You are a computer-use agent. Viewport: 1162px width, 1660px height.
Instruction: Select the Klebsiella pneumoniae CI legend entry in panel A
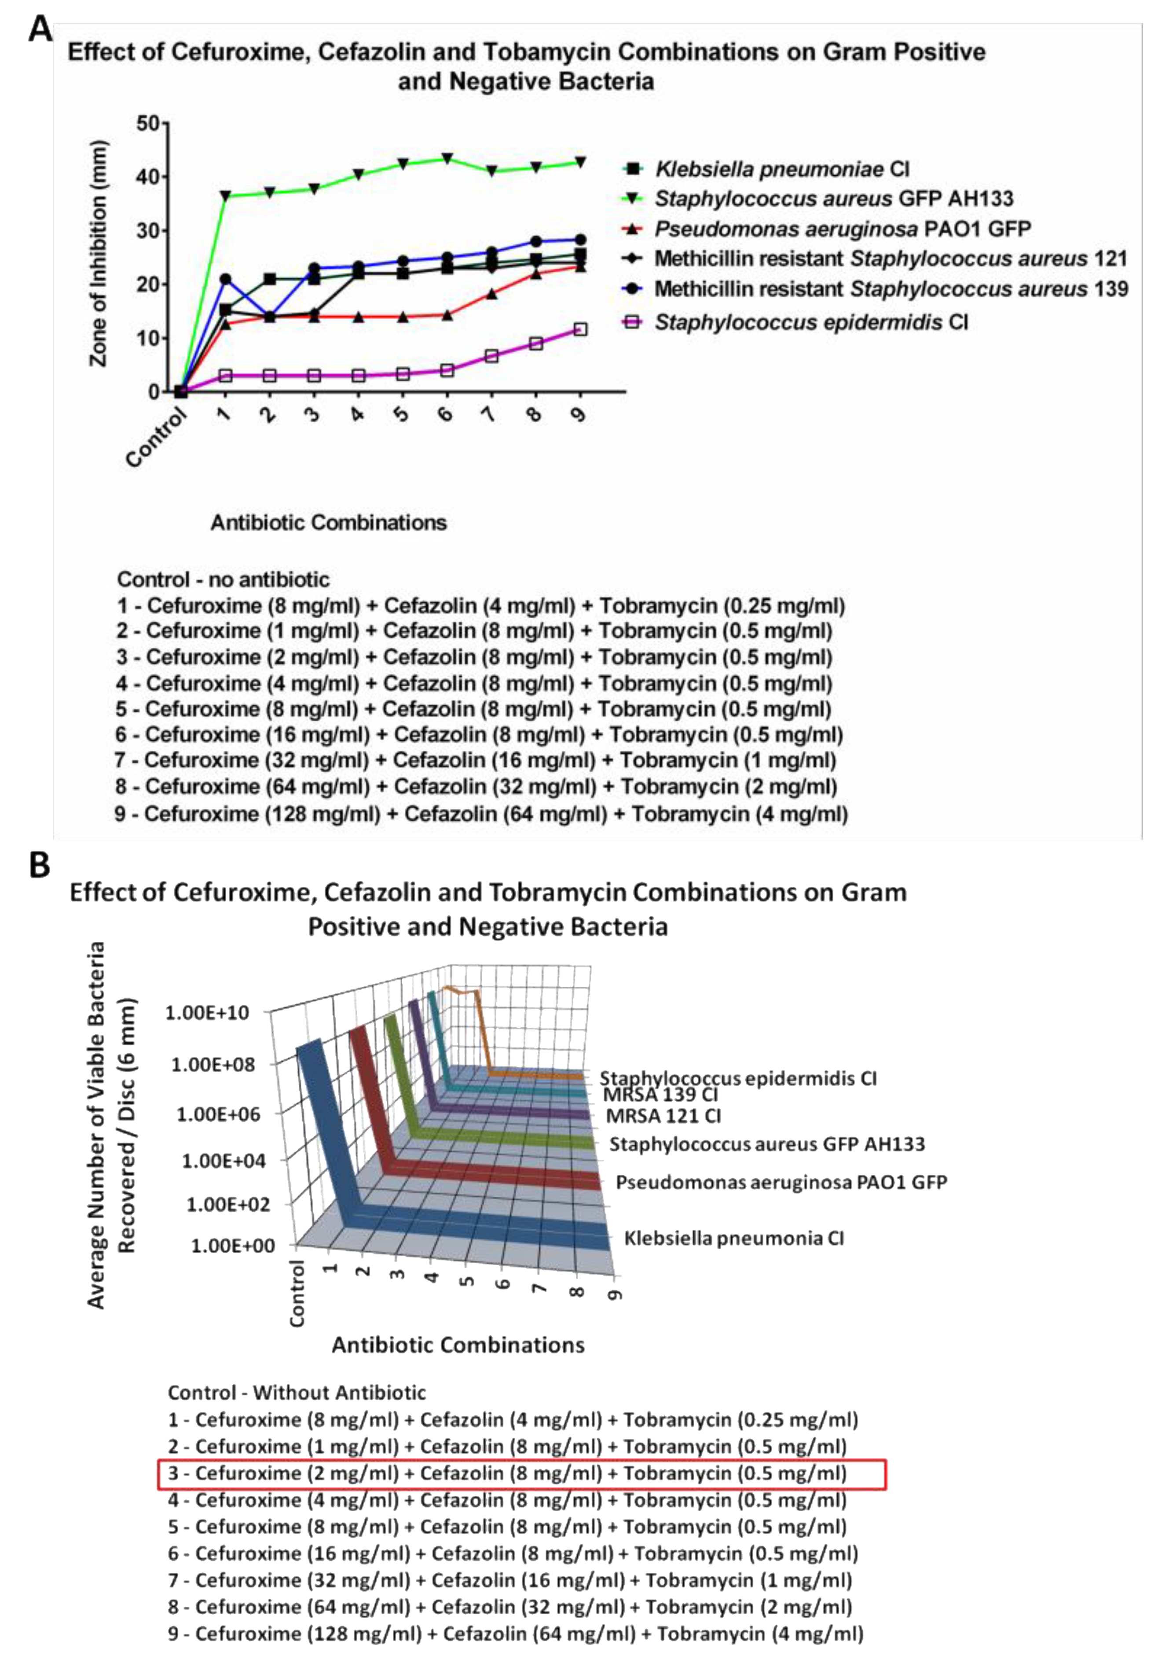(x=781, y=169)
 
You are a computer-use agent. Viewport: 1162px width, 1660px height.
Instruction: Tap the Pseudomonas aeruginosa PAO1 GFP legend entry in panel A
(x=842, y=229)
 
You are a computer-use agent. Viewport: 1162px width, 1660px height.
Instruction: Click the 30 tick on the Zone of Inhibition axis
(x=147, y=231)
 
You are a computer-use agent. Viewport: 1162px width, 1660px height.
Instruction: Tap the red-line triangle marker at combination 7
(x=491, y=294)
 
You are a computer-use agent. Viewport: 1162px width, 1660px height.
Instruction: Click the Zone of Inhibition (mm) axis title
(x=98, y=253)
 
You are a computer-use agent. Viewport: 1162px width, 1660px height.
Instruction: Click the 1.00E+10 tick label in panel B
(x=207, y=1013)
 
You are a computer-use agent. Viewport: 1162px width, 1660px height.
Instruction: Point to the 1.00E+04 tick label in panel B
(x=224, y=1161)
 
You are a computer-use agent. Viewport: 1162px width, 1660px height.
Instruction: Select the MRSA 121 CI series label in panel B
(x=663, y=1116)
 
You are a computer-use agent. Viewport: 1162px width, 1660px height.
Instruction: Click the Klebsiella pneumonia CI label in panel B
(x=733, y=1239)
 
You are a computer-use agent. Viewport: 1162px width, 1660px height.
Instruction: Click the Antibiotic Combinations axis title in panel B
(x=458, y=1345)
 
